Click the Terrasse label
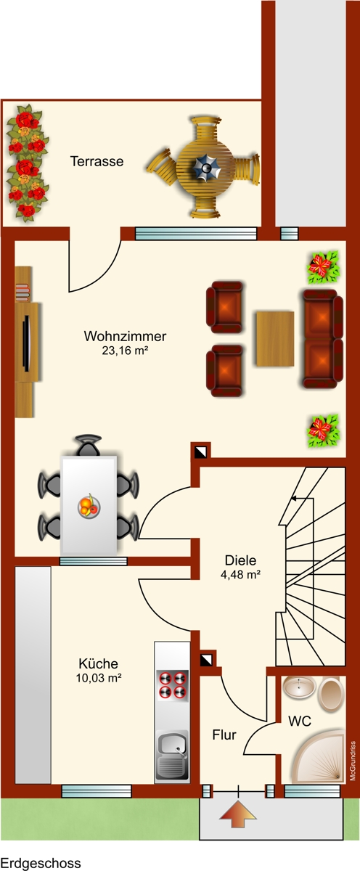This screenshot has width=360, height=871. point(97,162)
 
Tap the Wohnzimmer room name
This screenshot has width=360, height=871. point(126,337)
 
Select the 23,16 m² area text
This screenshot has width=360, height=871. point(126,351)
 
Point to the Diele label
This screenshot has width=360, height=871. point(240,560)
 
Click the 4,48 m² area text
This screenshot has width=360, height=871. point(240,574)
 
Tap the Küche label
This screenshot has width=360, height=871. point(98,663)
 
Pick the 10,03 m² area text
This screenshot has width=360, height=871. point(98,678)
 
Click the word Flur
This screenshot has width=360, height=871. point(224,735)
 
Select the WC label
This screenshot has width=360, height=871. point(300,721)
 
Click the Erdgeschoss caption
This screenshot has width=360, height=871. point(41,863)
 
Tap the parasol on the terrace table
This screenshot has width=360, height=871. point(206,168)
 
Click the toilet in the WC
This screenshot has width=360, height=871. point(330,693)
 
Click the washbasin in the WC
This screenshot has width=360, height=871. point(297,687)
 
